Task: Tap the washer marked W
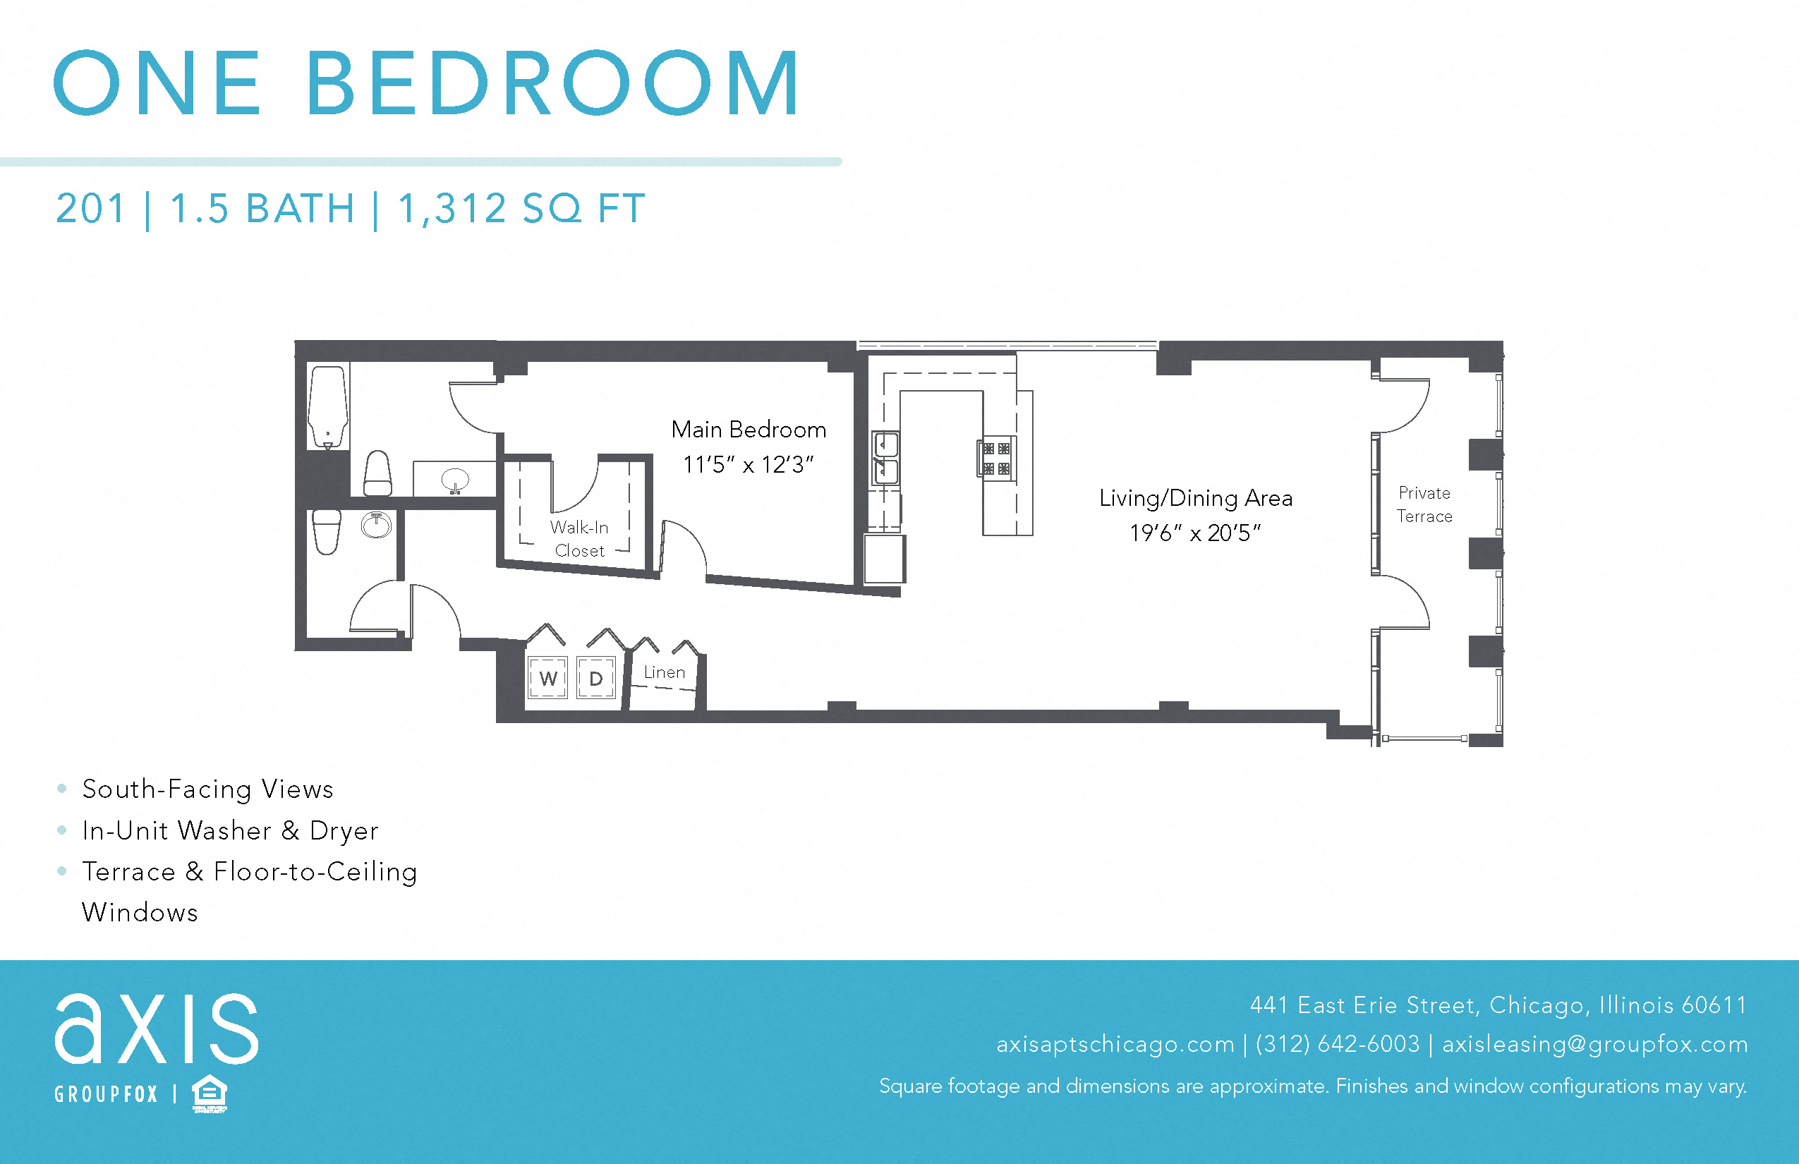[547, 678]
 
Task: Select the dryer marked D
[595, 678]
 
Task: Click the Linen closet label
[665, 672]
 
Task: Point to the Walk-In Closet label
[579, 539]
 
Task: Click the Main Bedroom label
[749, 430]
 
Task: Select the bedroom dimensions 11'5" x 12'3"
[749, 464]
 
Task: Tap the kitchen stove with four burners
[996, 458]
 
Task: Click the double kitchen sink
[885, 458]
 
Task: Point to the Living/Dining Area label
[1196, 498]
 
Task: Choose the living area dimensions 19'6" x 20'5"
[1196, 533]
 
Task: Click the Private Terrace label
[1424, 504]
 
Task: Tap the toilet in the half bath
[327, 531]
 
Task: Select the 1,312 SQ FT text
[521, 209]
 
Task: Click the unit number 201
[90, 209]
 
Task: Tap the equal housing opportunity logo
[210, 1093]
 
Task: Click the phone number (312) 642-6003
[1337, 1044]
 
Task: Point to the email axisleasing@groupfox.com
[1595, 1044]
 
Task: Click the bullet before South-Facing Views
[62, 789]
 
